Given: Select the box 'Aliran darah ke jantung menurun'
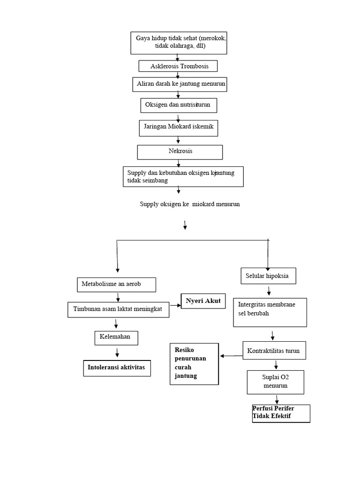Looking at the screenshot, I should coord(180,84).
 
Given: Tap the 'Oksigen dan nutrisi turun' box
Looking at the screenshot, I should coord(179,105).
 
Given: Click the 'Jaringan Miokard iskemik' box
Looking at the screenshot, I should coord(179,128).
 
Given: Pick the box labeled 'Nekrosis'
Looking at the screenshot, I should coord(180,152).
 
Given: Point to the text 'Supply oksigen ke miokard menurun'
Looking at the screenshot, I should coord(190,204).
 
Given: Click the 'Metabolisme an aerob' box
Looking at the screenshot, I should coord(116,285).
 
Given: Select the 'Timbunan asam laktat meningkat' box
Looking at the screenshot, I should coord(118,310).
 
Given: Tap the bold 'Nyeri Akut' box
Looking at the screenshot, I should coord(203,301).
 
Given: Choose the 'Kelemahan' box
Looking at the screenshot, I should coord(116,337).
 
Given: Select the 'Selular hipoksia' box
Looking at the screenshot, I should coord(268,276).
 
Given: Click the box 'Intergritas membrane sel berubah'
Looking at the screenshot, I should coord(270,312).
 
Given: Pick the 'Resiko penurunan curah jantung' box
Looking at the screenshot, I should coord(194,364).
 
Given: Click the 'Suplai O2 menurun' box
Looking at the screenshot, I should coord(275,382).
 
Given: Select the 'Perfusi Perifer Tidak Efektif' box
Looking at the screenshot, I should coord(281,413).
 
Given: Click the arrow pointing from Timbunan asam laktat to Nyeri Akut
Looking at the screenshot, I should coord(175,305).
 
